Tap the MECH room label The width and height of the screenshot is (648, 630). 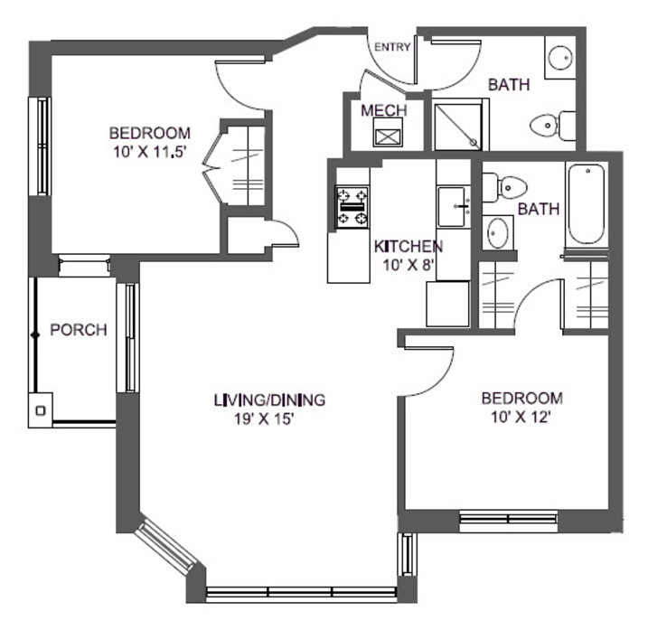383,110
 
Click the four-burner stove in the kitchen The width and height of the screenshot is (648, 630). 352,207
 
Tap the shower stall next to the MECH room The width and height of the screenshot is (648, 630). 459,126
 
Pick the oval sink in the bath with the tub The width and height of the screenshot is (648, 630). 497,232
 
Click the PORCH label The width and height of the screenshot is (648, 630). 78,330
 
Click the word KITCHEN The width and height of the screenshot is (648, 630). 408,246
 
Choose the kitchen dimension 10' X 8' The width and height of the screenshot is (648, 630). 407,265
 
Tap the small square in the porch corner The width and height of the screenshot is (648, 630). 40,409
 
